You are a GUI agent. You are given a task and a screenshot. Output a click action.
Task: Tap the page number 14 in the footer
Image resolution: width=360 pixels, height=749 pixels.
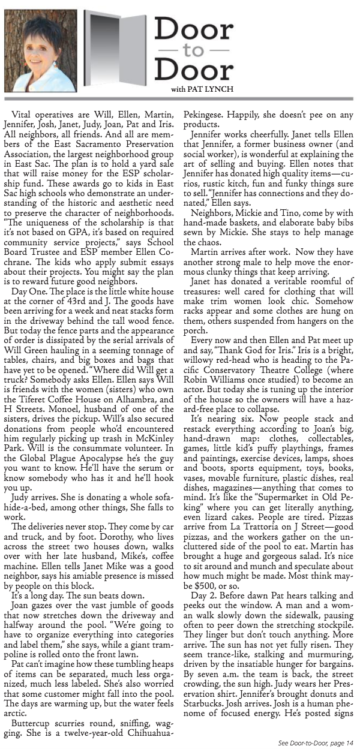(x=349, y=742)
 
